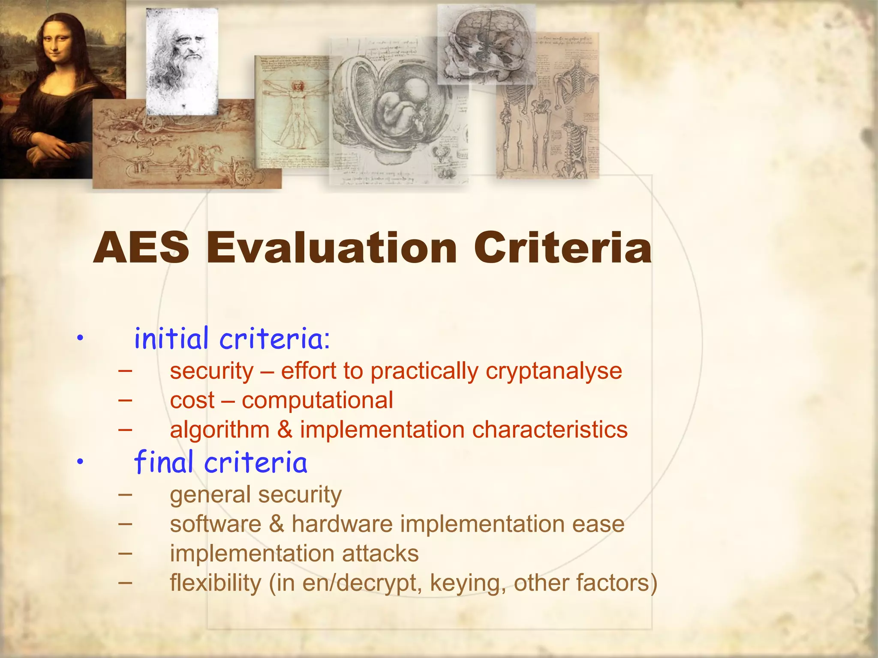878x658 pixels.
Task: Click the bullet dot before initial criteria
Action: [80, 339]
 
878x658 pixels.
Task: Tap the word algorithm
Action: [219, 430]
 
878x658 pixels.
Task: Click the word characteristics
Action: [550, 430]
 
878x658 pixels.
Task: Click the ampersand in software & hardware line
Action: [277, 524]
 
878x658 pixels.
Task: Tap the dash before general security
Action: [125, 494]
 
